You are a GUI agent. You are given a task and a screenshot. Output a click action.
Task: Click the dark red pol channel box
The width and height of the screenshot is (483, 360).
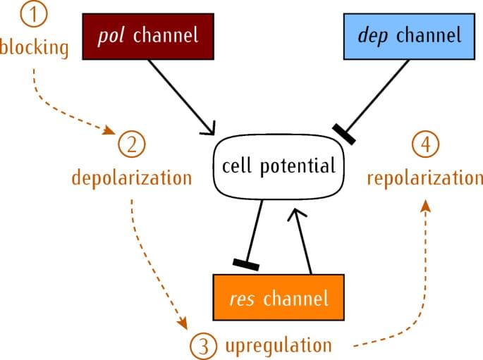click(x=147, y=35)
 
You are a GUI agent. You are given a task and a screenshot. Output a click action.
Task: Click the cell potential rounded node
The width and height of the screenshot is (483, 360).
click(x=278, y=166)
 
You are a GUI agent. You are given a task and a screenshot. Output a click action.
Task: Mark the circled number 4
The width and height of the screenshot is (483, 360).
click(x=424, y=144)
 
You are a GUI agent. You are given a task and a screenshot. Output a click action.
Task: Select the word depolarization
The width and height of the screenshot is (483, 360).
click(x=132, y=177)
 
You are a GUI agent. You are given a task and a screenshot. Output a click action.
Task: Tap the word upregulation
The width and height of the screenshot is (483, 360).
click(x=278, y=345)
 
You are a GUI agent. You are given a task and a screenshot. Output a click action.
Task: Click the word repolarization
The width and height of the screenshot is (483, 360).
click(x=424, y=177)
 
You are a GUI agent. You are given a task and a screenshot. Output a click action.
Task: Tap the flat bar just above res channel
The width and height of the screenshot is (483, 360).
click(x=246, y=264)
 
